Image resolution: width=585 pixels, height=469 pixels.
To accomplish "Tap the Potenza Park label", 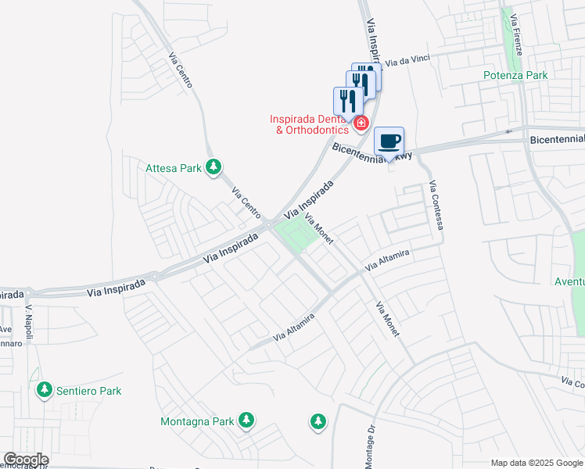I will (x=515, y=76).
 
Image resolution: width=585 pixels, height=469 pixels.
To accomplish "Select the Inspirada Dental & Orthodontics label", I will (x=310, y=124).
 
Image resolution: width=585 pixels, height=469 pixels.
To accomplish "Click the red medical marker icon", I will (x=361, y=123).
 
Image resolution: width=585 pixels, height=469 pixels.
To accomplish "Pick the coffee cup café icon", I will (x=389, y=142).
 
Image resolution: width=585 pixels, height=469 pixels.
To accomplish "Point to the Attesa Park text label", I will (x=174, y=167).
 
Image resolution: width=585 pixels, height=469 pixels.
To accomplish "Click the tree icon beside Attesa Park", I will (x=213, y=166).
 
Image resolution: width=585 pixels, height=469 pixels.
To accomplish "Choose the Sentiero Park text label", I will (x=88, y=390).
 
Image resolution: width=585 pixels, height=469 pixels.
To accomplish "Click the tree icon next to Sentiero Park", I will (x=45, y=389).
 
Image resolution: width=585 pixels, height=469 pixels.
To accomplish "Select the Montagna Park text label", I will (x=197, y=421).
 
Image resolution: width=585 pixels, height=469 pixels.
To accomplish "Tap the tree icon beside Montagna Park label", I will (x=246, y=421).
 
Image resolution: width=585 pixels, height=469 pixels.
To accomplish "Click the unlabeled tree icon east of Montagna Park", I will (x=318, y=421).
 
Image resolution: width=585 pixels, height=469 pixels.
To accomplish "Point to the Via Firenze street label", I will (x=514, y=34).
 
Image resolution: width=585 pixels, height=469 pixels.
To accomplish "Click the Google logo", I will (x=25, y=460).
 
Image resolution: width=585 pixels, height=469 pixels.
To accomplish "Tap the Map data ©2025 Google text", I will (x=537, y=463).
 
